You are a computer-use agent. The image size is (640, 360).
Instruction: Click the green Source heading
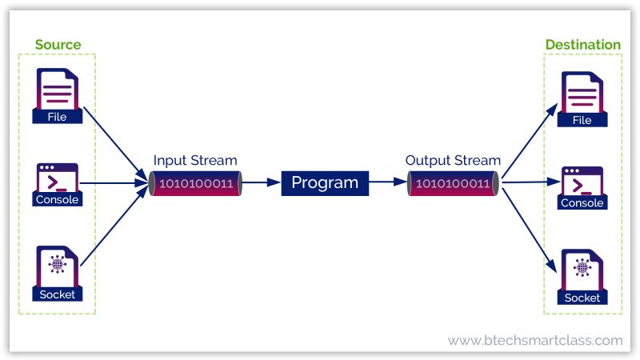coord(58,44)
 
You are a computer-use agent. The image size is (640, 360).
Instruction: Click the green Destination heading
coord(582,45)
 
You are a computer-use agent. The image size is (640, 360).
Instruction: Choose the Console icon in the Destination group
coord(582,187)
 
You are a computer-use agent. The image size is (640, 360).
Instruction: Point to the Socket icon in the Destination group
coord(582,277)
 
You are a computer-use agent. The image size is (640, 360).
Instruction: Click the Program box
coord(325,183)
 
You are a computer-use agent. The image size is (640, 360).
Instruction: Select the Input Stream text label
coord(195,160)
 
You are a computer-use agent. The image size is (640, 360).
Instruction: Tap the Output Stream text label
coord(453,160)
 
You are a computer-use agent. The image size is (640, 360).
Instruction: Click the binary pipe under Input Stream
coord(196,183)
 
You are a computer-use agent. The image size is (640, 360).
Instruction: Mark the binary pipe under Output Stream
coord(453,183)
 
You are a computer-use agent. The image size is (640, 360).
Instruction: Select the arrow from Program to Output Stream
coord(388,183)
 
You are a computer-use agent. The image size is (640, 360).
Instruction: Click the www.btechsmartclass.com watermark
coord(534,340)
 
